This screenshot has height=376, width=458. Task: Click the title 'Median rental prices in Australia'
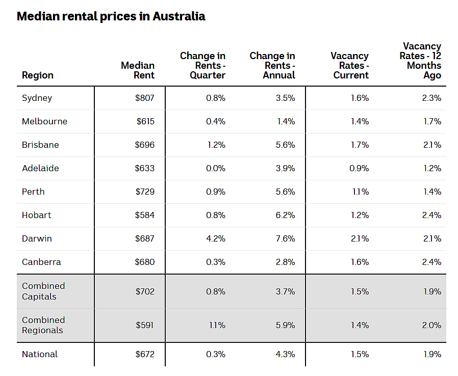pyautogui.click(x=111, y=16)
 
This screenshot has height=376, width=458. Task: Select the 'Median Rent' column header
pyautogui.click(x=138, y=70)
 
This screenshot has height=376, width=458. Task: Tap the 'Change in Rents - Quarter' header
pyautogui.click(x=202, y=65)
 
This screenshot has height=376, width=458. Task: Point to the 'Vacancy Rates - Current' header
pyautogui.click(x=350, y=65)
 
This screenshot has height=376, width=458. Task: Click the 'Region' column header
pyautogui.click(x=38, y=75)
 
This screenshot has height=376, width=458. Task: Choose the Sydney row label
pyautogui.click(x=37, y=98)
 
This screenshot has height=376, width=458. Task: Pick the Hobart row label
pyautogui.click(x=37, y=215)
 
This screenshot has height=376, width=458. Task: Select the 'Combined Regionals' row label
pyautogui.click(x=43, y=325)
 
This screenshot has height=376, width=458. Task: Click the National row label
pyautogui.click(x=40, y=354)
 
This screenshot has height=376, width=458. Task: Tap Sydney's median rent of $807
pyautogui.click(x=144, y=98)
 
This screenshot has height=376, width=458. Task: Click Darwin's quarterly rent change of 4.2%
pyautogui.click(x=216, y=238)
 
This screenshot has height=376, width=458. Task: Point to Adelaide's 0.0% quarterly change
pyautogui.click(x=216, y=168)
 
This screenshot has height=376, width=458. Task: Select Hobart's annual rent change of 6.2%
pyautogui.click(x=286, y=216)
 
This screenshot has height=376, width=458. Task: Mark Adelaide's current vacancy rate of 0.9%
pyautogui.click(x=359, y=168)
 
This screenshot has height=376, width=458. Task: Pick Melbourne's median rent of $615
pyautogui.click(x=145, y=121)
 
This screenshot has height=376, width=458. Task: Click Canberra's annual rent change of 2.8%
pyautogui.click(x=286, y=262)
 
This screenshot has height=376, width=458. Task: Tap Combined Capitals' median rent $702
pyautogui.click(x=145, y=291)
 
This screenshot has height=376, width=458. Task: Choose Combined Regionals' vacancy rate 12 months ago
pyautogui.click(x=431, y=325)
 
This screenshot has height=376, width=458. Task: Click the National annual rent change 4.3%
pyautogui.click(x=286, y=354)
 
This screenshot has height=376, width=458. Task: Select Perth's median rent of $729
pyautogui.click(x=145, y=192)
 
